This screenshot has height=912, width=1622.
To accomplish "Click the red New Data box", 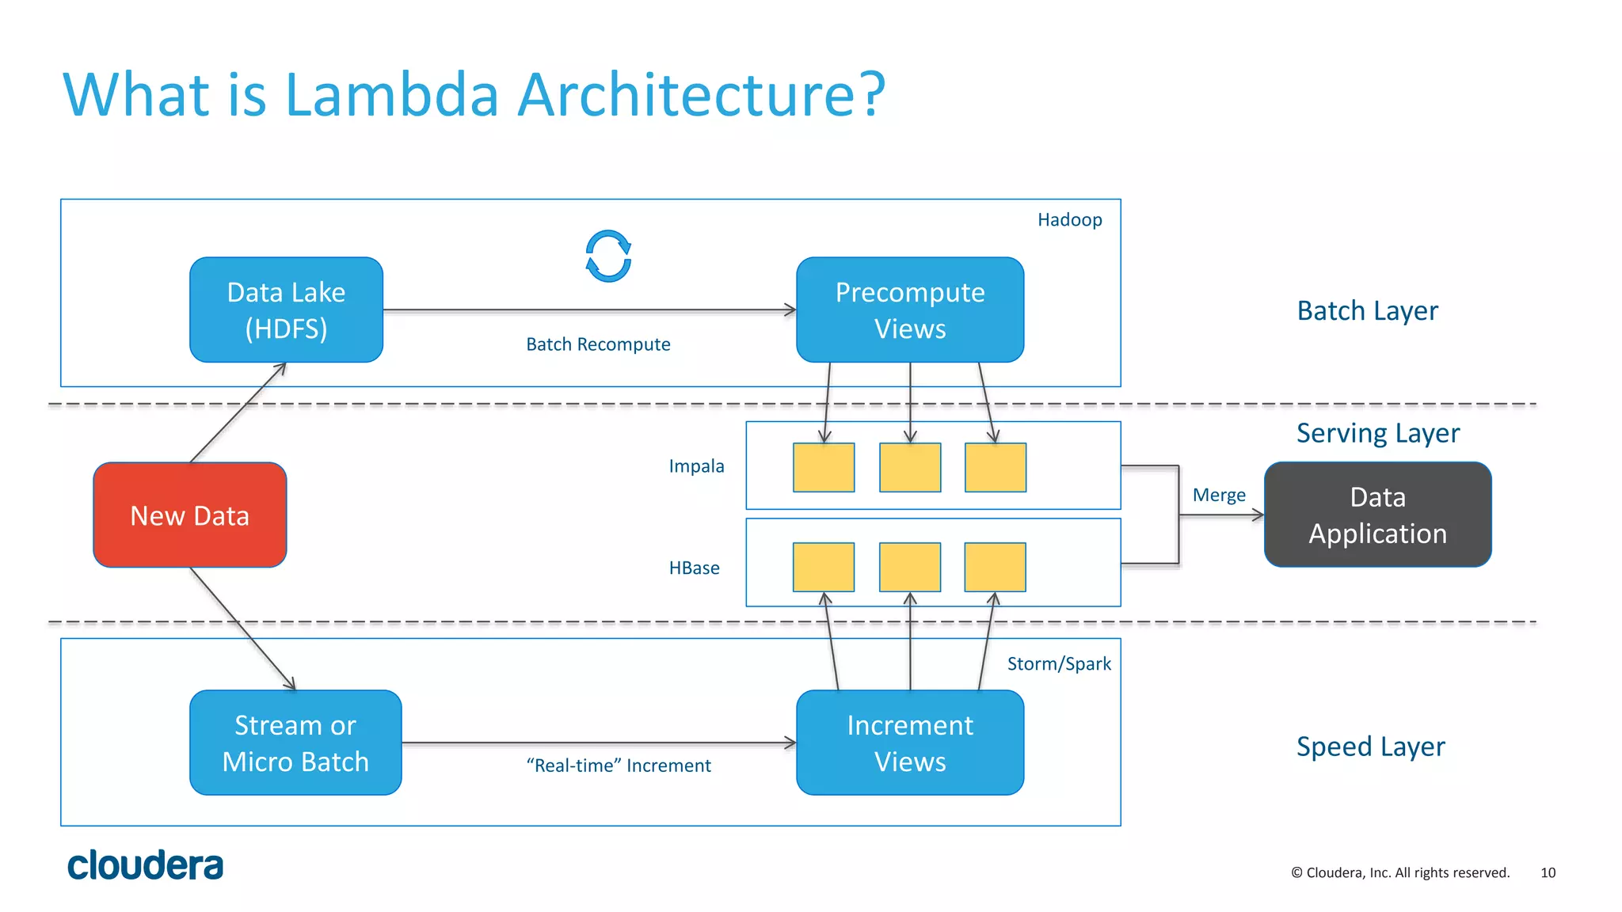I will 189,515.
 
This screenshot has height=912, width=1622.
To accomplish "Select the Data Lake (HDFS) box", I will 286,310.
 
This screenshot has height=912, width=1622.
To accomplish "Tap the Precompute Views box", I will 909,310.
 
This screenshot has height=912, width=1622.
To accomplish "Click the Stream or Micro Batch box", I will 295,743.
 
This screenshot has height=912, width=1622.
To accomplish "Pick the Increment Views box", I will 909,743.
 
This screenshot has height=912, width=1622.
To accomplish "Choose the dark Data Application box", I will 1377,515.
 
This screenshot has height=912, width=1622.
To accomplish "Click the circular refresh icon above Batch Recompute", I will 608,256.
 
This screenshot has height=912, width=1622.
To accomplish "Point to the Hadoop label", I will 1069,219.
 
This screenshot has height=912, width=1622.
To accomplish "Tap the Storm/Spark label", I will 1058,663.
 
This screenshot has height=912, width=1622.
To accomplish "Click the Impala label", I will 696,465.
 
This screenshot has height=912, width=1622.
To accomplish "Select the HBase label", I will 694,568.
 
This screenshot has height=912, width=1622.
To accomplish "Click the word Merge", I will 1219,495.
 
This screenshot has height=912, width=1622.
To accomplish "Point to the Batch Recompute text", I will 598,344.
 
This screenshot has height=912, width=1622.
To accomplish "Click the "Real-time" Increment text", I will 619,766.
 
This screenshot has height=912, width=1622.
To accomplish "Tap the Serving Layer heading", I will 1377,433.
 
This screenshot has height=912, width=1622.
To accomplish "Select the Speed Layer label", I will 1370,747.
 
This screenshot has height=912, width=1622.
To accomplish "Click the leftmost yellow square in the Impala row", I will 824,467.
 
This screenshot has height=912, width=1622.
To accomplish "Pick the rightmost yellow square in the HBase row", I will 995,567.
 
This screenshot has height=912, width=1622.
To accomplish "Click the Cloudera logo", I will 145,865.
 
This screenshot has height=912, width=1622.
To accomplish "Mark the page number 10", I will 1548,872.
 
